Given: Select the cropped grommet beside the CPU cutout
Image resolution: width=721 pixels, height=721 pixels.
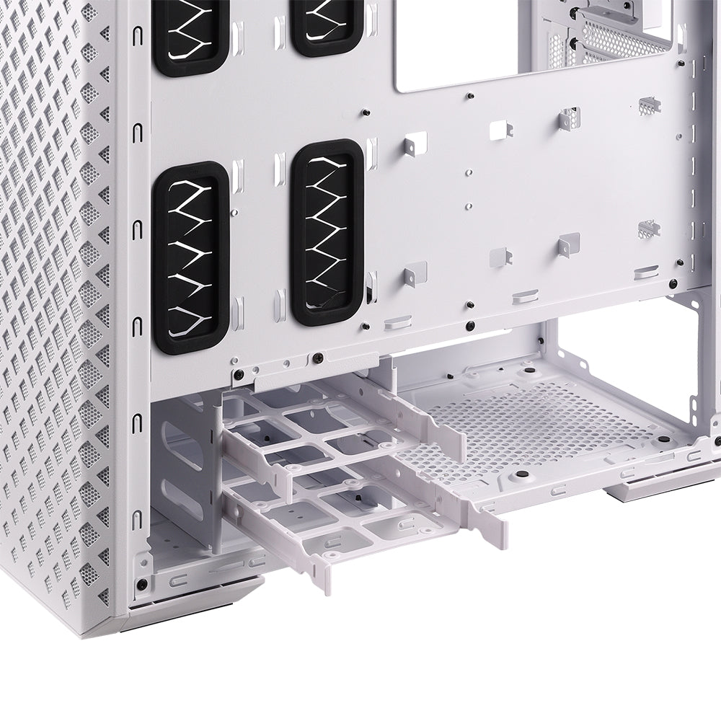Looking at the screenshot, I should coord(326,25).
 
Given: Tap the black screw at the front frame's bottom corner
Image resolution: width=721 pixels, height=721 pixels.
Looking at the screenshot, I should coord(142,583).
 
